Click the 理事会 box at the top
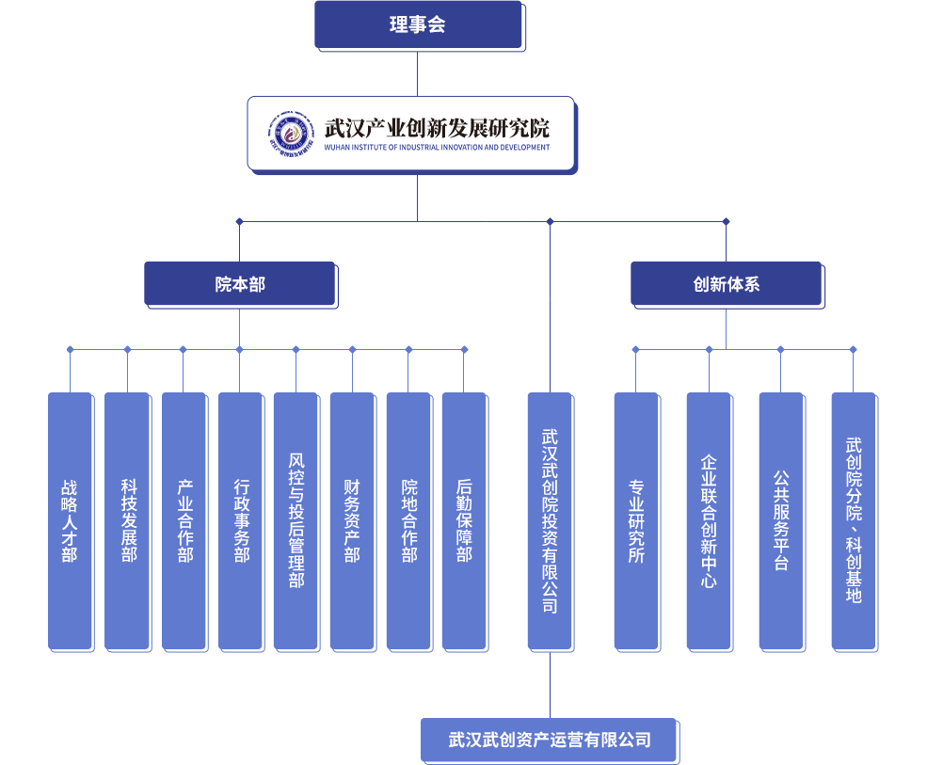point(418,25)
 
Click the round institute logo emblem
point(291,134)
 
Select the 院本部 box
point(240,284)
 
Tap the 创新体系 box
point(726,284)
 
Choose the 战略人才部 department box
point(70,520)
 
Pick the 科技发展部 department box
point(127,520)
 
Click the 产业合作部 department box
point(184,520)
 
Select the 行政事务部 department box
point(240,520)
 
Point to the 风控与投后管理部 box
point(296,520)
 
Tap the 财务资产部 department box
point(352,520)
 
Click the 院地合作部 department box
point(408,520)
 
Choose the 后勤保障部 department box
point(464,520)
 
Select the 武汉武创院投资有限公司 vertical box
point(550,520)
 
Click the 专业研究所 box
point(636,520)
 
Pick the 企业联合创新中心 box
point(709,520)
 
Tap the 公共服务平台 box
point(781,520)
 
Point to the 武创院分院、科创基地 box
point(854,520)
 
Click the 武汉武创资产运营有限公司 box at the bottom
point(550,740)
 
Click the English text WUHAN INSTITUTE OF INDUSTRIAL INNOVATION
point(436,148)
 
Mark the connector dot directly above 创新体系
point(726,222)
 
